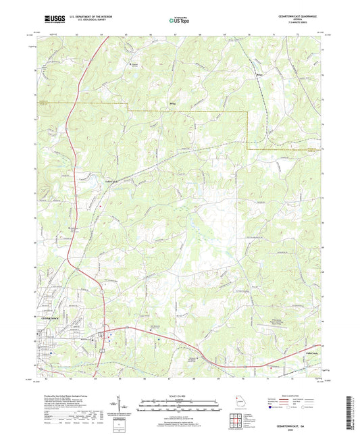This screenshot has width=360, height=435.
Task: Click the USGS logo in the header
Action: coord(50,20)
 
